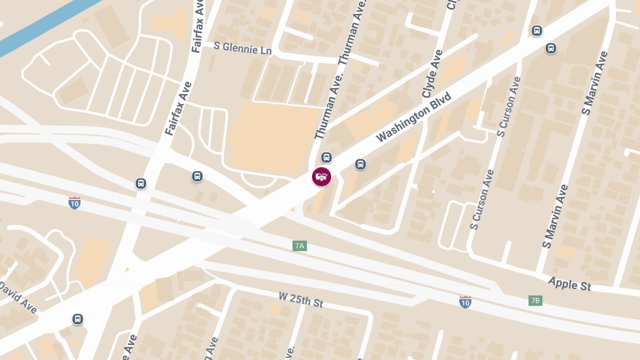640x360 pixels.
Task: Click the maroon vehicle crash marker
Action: pos(322,177)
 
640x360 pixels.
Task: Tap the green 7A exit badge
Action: pos(300,246)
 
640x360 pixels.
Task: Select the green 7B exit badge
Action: pos(535,301)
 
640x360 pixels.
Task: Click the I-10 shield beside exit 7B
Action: pos(465,302)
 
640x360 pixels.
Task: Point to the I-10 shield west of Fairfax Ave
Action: pos(75,203)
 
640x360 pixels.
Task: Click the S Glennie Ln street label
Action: pos(243,48)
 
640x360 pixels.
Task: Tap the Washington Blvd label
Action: pos(413,117)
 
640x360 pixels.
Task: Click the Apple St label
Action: pos(570,284)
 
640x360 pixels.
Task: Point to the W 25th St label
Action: pos(301,299)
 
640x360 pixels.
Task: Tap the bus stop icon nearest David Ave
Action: pos(78,319)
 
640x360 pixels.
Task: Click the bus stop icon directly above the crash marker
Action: pos(326,157)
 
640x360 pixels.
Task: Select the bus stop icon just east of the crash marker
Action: pos(361,164)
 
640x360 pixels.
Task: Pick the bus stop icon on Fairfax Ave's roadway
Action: pos(141,183)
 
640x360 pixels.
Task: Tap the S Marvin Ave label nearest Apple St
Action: pos(555,216)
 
